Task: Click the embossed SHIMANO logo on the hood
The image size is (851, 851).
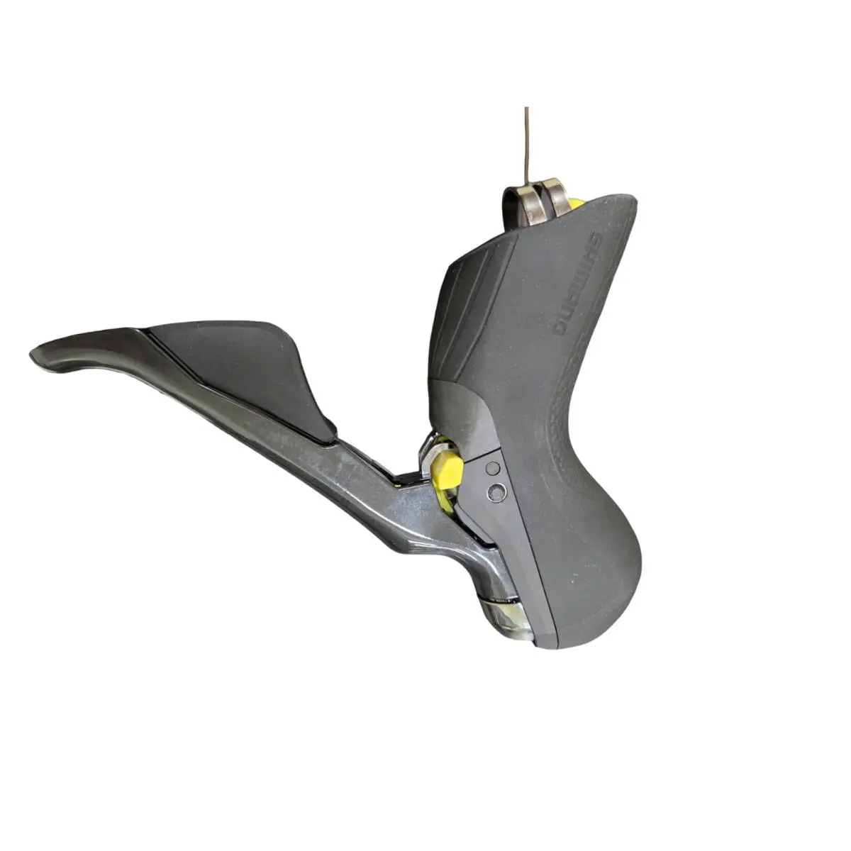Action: pyautogui.click(x=578, y=283)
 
